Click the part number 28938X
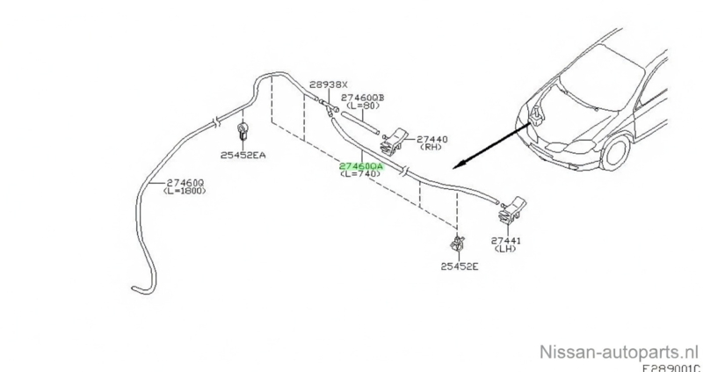pyautogui.click(x=326, y=84)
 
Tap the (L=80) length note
pyautogui.click(x=365, y=107)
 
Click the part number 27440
pyautogui.click(x=431, y=139)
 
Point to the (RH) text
pyautogui.click(x=431, y=149)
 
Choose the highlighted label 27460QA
pyautogui.click(x=362, y=165)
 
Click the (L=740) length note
pyautogui.click(x=362, y=175)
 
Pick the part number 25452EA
pyautogui.click(x=244, y=155)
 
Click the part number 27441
pyautogui.click(x=505, y=240)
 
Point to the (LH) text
pyautogui.click(x=505, y=250)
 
